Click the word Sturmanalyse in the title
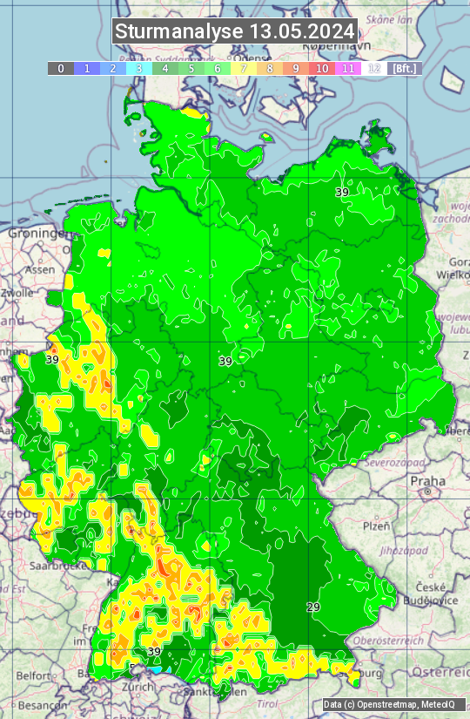pos(179,31)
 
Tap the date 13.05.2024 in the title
pos(302,31)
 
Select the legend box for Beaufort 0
pos(61,68)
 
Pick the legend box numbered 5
pos(191,68)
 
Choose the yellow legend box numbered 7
pos(244,68)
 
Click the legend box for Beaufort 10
pos(322,68)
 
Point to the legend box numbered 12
pos(374,68)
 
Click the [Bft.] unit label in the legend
pos(405,68)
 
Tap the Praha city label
pos(427,481)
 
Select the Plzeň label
pos(376,526)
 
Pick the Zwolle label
pos(17,294)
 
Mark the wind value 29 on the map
pos(314,607)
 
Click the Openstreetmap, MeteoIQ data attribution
pos(388,704)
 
